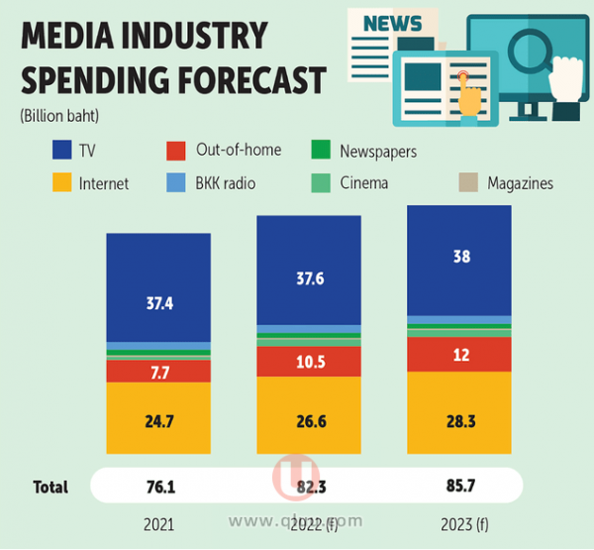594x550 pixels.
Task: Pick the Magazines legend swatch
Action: pyautogui.click(x=468, y=182)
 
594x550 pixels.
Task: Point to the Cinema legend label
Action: pyautogui.click(x=363, y=183)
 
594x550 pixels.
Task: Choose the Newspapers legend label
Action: pyautogui.click(x=377, y=152)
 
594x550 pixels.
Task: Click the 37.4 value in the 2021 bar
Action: pyautogui.click(x=158, y=304)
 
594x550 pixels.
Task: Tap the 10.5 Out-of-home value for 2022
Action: pyautogui.click(x=309, y=361)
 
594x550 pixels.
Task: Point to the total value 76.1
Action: pyautogui.click(x=158, y=487)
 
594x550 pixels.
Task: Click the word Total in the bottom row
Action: pyautogui.click(x=49, y=487)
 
